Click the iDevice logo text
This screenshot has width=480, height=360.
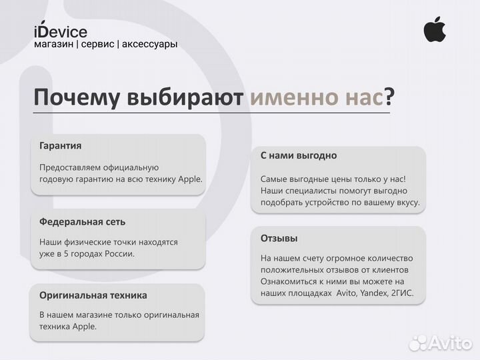coord(60,31)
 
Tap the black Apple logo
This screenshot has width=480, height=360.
coord(435,29)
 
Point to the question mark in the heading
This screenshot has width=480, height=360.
coord(389,98)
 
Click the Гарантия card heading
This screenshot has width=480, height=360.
coord(61,145)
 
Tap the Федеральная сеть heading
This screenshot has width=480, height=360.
coord(82,221)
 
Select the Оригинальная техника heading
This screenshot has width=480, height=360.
coord(93,295)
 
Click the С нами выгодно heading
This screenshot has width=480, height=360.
coord(298,155)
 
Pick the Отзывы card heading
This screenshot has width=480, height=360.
coord(279,238)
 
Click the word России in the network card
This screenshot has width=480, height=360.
coord(117,254)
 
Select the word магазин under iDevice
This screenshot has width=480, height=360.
coord(53,44)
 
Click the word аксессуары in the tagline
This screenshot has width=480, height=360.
coord(149,44)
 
